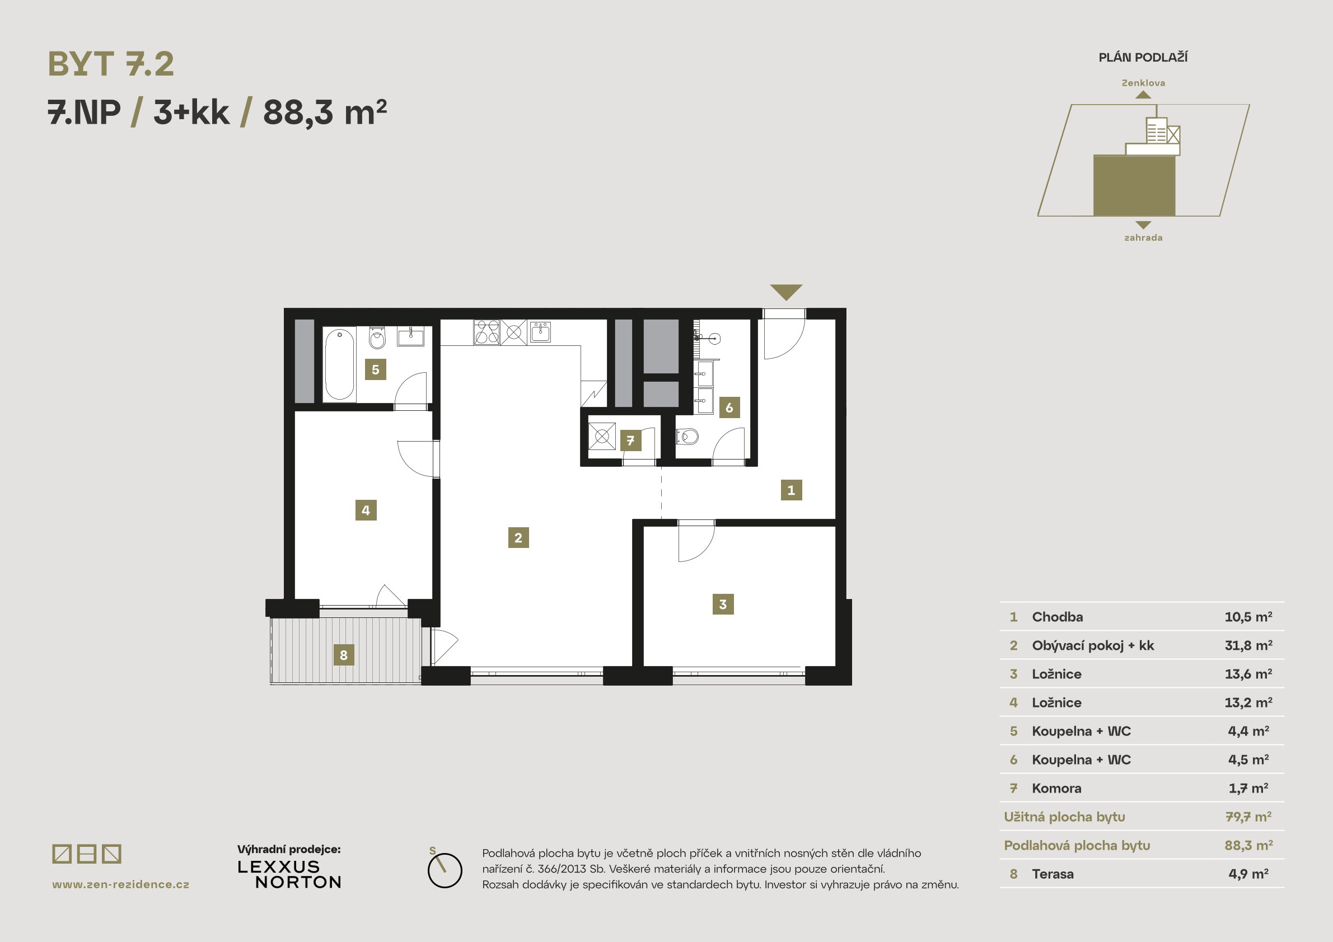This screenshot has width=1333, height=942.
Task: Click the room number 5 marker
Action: tap(375, 369)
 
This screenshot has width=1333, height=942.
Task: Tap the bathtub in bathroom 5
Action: tap(339, 364)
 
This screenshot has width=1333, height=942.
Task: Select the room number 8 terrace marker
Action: tap(343, 655)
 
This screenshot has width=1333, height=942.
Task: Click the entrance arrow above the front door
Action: tap(786, 292)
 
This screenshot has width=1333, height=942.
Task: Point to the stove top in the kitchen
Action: tap(487, 332)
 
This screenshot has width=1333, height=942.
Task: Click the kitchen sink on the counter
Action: tap(540, 332)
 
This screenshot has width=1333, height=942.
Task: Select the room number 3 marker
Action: tap(723, 604)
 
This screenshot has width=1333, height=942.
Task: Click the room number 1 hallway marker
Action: tap(791, 490)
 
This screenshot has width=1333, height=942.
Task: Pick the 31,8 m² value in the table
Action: tap(1248, 645)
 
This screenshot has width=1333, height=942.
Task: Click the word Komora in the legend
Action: tap(1056, 788)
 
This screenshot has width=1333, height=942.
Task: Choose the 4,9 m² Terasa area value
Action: tap(1248, 874)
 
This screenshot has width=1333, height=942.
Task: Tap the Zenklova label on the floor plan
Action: tap(1143, 83)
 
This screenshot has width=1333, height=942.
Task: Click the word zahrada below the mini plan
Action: tap(1143, 237)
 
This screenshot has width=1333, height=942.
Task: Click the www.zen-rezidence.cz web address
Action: tap(121, 884)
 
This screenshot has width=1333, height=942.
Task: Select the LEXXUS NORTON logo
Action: tap(289, 874)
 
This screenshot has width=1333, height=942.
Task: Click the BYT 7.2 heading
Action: tap(111, 64)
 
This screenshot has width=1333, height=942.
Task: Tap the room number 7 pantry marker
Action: tap(630, 440)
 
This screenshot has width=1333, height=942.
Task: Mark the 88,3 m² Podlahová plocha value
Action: tap(1248, 845)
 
